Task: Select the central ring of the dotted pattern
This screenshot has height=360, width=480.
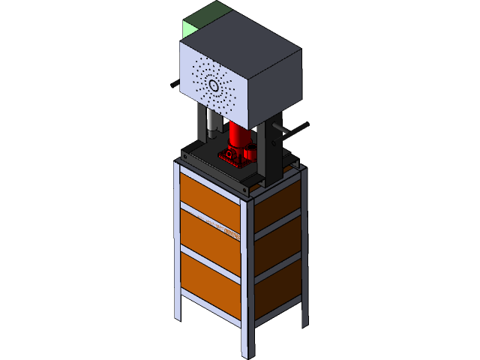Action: pyautogui.click(x=214, y=85)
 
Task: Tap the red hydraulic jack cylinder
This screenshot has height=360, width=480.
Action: pyautogui.click(x=240, y=135)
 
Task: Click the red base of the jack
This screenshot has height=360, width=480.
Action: pyautogui.click(x=235, y=156)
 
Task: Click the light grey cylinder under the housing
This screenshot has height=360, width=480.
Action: pyautogui.click(x=213, y=120)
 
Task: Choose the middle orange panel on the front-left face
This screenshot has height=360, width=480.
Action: pyautogui.click(x=209, y=235)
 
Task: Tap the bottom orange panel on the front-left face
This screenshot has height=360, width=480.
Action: pyautogui.click(x=209, y=282)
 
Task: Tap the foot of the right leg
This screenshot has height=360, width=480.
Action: pyautogui.click(x=305, y=325)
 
